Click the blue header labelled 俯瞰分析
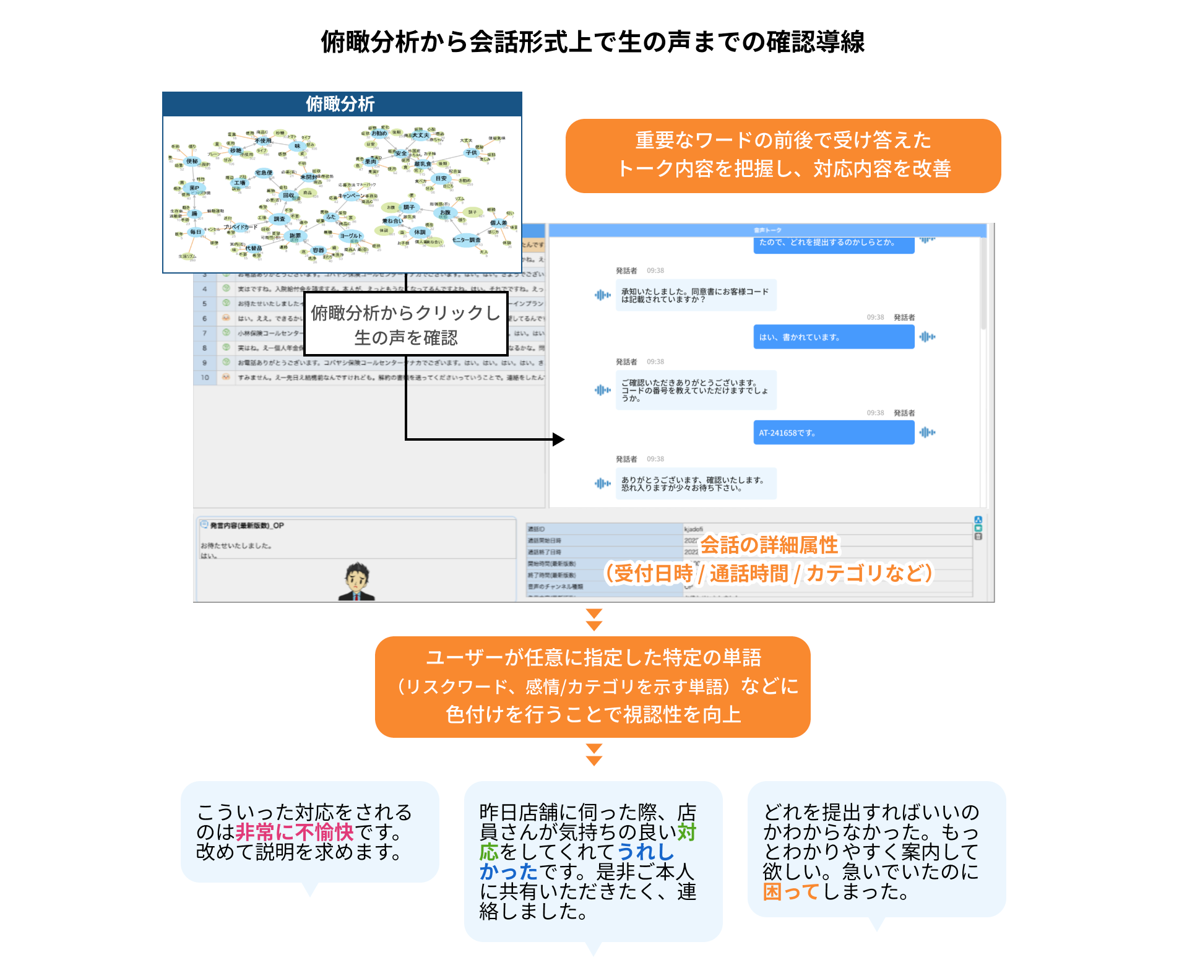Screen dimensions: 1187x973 [x=342, y=104]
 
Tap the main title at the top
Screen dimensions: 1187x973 [x=592, y=42]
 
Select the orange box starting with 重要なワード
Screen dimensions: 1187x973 [x=783, y=155]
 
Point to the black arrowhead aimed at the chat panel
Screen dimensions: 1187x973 [x=558, y=439]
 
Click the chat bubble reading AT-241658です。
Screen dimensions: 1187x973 [x=833, y=433]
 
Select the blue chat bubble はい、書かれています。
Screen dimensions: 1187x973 [x=833, y=337]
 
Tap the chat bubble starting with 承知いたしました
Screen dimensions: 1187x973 [x=696, y=295]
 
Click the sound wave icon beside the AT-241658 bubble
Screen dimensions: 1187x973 [x=927, y=433]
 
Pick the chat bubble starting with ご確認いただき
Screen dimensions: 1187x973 [x=696, y=391]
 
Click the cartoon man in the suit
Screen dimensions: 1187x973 [x=357, y=582]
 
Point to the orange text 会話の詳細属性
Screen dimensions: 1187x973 [x=769, y=545]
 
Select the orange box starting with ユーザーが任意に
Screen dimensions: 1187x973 [x=592, y=686]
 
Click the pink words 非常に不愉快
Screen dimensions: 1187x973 [x=295, y=832]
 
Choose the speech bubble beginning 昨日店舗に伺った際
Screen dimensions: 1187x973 [x=592, y=861]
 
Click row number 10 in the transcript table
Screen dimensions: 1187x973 [x=205, y=377]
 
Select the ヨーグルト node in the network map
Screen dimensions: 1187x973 [x=350, y=236]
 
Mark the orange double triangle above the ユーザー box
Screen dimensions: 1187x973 [x=594, y=620]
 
